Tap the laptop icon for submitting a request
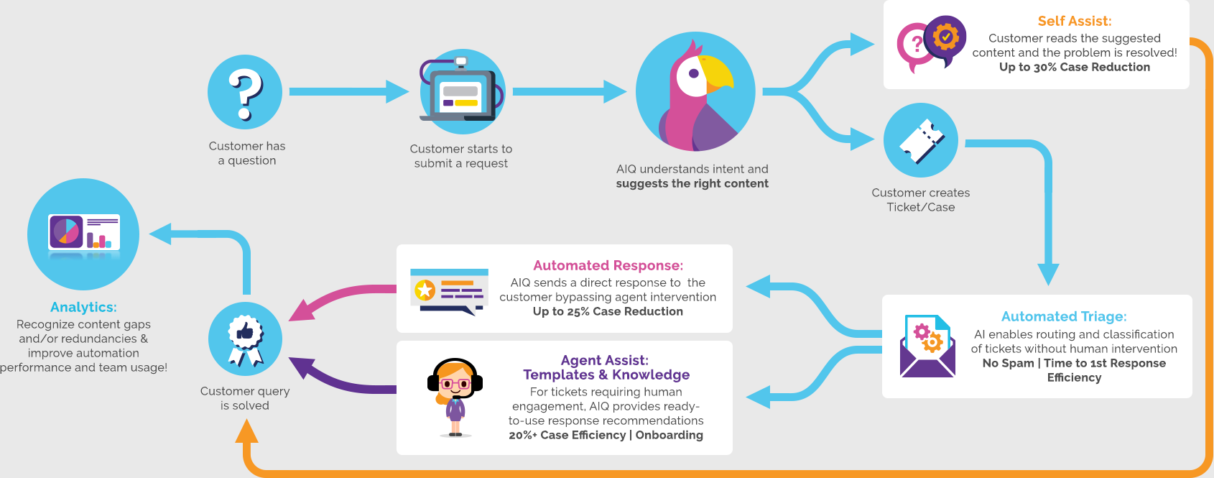[x=460, y=94]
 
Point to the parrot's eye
[x=693, y=73]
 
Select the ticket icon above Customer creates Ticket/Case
[x=921, y=140]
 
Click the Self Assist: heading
[x=1074, y=22]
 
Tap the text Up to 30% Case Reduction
[x=1074, y=67]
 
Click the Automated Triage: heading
[x=1064, y=316]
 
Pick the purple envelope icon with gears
[x=927, y=346]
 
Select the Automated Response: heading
[x=608, y=265]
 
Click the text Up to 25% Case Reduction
[x=608, y=311]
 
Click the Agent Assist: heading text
[x=605, y=360]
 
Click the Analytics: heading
[x=83, y=307]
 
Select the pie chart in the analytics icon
[x=66, y=231]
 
